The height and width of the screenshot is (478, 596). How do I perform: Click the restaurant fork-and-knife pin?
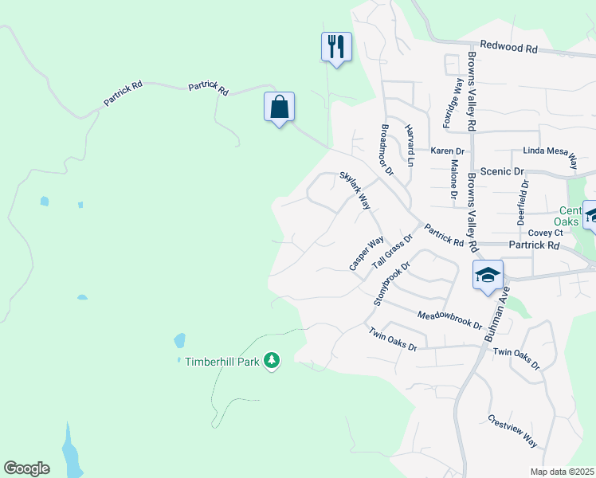[336, 47]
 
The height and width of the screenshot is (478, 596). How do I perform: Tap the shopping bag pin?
[280, 107]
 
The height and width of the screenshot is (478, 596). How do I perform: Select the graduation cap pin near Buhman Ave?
[488, 276]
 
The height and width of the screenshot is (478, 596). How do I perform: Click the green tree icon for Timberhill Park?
[273, 361]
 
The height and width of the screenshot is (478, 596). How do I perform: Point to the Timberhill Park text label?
[223, 361]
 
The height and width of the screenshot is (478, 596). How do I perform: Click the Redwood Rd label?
[508, 48]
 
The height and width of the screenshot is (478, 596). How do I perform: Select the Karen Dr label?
[447, 151]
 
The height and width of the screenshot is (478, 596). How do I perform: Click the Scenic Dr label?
[507, 171]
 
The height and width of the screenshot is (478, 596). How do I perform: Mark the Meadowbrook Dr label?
[450, 320]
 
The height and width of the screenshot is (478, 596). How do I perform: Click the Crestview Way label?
[514, 431]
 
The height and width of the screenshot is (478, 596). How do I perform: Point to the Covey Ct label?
[546, 233]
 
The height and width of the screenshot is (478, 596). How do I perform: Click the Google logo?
[26, 468]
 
